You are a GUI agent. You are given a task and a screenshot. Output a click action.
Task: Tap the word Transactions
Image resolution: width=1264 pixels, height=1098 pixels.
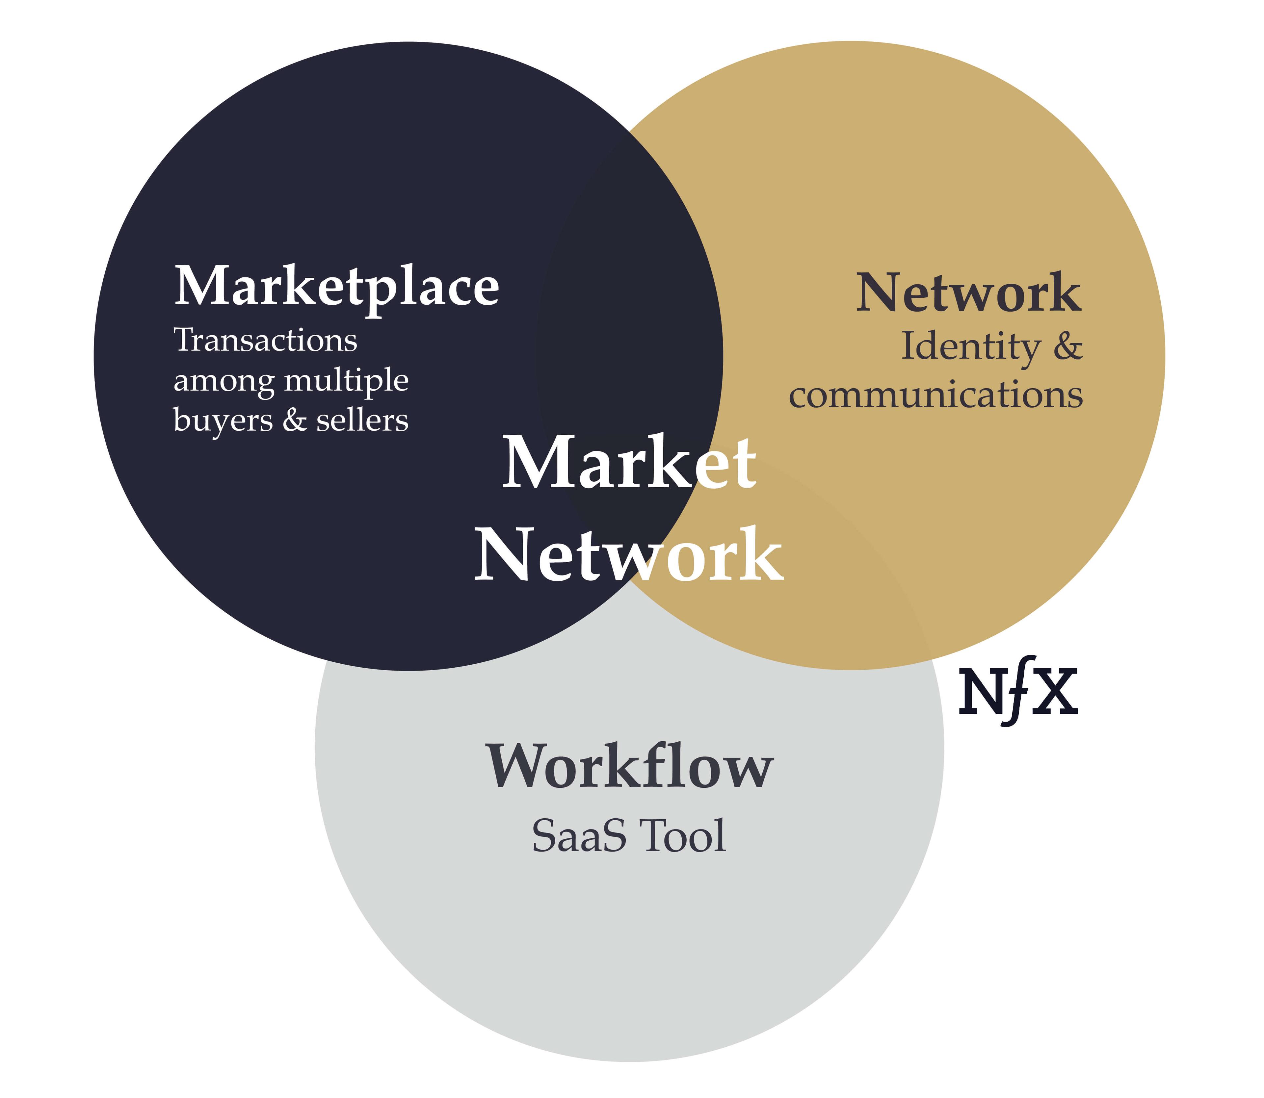click(x=265, y=341)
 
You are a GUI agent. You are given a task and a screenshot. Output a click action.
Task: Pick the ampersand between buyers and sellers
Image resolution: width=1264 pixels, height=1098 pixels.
click(x=295, y=420)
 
